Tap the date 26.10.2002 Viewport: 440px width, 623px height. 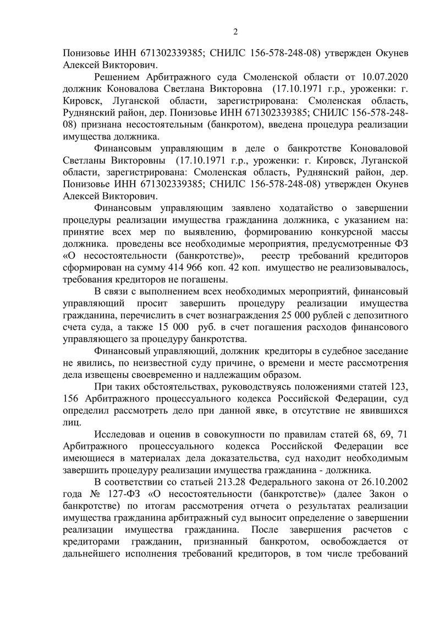click(380, 484)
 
